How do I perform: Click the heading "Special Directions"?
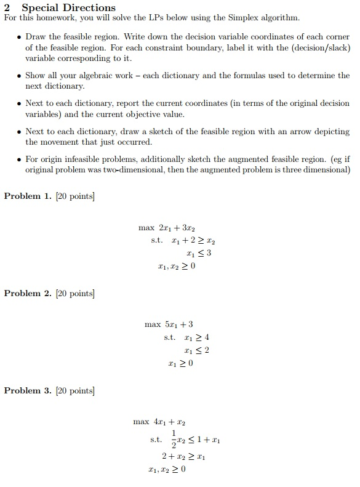coord(68,7)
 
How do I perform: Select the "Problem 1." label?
coord(27,196)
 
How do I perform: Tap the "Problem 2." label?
coord(27,293)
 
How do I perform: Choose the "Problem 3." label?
coord(27,390)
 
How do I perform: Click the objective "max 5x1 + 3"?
coord(169,324)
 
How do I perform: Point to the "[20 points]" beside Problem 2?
coord(75,293)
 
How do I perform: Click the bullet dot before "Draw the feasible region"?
coord(19,37)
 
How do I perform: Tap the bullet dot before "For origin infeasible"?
coord(19,159)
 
